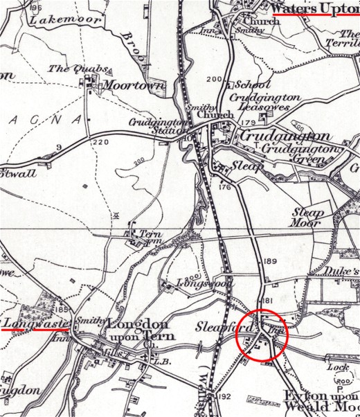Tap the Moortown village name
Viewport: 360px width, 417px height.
(134, 86)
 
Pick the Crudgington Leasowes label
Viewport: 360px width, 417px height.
(264, 103)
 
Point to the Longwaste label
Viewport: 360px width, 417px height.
(30, 323)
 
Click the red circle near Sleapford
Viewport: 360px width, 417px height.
(260, 335)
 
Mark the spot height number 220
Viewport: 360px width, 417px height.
(100, 142)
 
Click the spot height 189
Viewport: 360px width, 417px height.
(269, 260)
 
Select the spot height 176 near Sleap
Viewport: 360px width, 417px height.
(223, 187)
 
